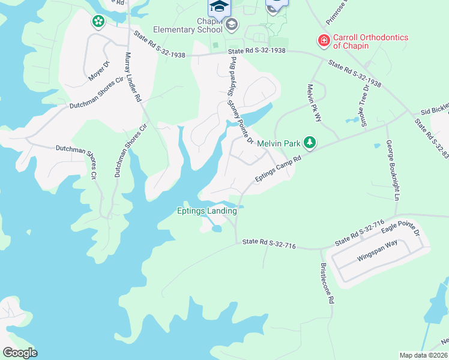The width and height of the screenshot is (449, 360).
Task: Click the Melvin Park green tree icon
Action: pos(310,142)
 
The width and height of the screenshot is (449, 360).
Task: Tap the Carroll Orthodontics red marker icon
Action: pos(324,41)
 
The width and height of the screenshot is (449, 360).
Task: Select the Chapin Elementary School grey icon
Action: pos(231,24)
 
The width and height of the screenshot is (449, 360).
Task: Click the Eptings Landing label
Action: pos(206,211)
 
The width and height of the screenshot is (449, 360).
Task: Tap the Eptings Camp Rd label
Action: pos(277,167)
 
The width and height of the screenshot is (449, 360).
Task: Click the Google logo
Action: pos(20,353)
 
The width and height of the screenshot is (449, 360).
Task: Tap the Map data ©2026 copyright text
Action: pos(423,355)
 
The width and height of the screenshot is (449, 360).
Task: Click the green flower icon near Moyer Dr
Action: pos(97,22)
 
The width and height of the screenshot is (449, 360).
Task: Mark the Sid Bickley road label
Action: pos(435,110)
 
